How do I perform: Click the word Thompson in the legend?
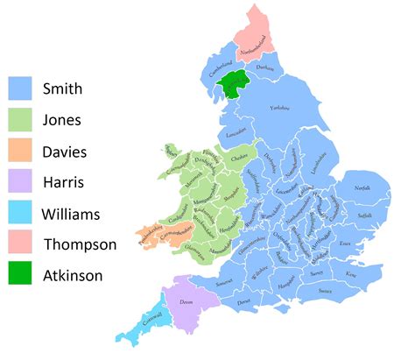80,244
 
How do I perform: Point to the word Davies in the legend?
67,151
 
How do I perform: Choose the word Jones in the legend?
64,120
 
